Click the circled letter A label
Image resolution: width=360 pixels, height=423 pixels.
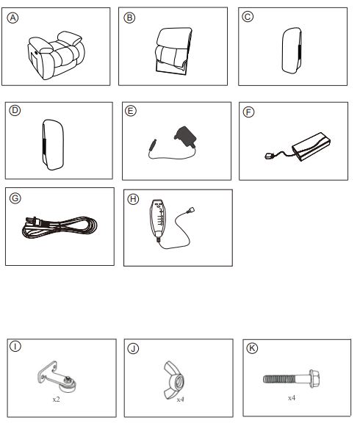pyautogui.click(x=12, y=18)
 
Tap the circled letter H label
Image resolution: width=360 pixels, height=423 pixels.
pyautogui.click(x=133, y=199)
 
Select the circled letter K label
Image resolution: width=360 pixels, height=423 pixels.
pyautogui.click(x=252, y=348)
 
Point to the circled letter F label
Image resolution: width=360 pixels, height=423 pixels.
pyautogui.click(x=248, y=112)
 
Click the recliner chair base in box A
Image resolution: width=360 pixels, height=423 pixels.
pyautogui.click(x=55, y=55)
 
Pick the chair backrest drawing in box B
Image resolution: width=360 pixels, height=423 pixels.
pyautogui.click(x=174, y=51)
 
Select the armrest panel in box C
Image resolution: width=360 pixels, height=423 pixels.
pyautogui.click(x=292, y=50)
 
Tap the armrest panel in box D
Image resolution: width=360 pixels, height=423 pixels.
pyautogui.click(x=53, y=145)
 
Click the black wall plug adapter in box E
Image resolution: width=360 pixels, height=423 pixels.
pyautogui.click(x=185, y=137)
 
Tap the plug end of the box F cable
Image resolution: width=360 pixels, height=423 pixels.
pyautogui.click(x=269, y=156)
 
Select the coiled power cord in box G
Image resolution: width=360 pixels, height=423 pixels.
pyautogui.click(x=60, y=228)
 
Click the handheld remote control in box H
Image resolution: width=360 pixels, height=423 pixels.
pyautogui.click(x=158, y=219)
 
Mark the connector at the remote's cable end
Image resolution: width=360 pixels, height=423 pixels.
pyautogui.click(x=190, y=210)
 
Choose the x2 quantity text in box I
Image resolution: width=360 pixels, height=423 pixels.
pyautogui.click(x=56, y=399)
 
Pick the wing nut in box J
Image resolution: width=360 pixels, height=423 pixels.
pyautogui.click(x=174, y=380)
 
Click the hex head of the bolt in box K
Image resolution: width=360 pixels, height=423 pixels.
pyautogui.click(x=314, y=379)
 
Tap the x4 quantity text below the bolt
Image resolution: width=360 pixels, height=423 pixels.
pyautogui.click(x=292, y=397)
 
